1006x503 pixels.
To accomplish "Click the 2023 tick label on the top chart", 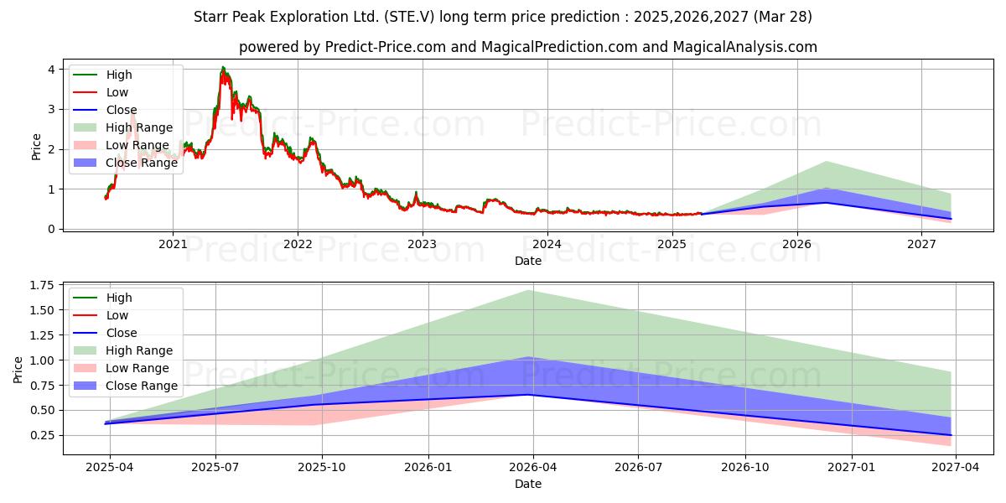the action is (x=422, y=244).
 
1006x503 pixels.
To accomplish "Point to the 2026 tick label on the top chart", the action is (x=796, y=244).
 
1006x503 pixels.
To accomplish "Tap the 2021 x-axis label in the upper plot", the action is (x=173, y=244).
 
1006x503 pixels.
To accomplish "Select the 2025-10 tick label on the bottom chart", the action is (x=322, y=468).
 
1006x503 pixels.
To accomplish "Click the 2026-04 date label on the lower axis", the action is (x=532, y=468).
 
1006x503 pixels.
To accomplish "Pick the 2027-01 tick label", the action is (x=851, y=468).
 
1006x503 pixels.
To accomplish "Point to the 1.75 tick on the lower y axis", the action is (x=42, y=286).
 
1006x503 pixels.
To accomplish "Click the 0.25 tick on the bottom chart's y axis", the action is (x=42, y=436).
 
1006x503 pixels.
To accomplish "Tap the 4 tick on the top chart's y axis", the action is (x=52, y=70).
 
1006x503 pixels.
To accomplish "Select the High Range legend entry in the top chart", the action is (x=123, y=127).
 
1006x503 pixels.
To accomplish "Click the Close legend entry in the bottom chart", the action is (x=105, y=333).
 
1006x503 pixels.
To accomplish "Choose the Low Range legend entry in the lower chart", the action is (x=122, y=368).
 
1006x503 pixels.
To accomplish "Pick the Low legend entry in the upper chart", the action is (x=101, y=92).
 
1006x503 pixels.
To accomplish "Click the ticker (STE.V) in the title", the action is (x=409, y=17).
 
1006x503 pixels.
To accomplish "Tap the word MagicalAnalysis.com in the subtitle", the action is (x=744, y=47).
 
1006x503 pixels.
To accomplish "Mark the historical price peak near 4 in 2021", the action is (x=223, y=67).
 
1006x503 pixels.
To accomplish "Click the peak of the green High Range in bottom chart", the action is (x=528, y=291).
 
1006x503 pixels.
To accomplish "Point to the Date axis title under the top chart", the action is (x=527, y=261).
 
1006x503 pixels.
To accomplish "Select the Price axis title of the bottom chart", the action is (x=18, y=370).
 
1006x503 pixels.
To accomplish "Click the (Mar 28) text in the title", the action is (x=783, y=17).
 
